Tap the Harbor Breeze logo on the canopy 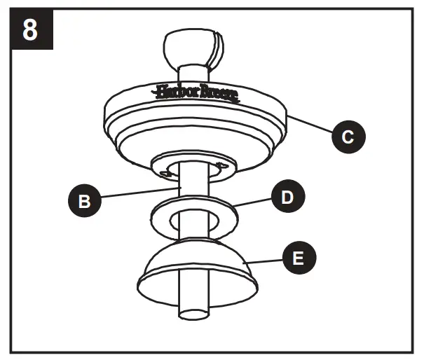coord(197,92)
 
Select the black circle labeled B coord(84,201)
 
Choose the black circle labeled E coord(297,258)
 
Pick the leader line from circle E coord(270,261)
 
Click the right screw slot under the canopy coord(222,166)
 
